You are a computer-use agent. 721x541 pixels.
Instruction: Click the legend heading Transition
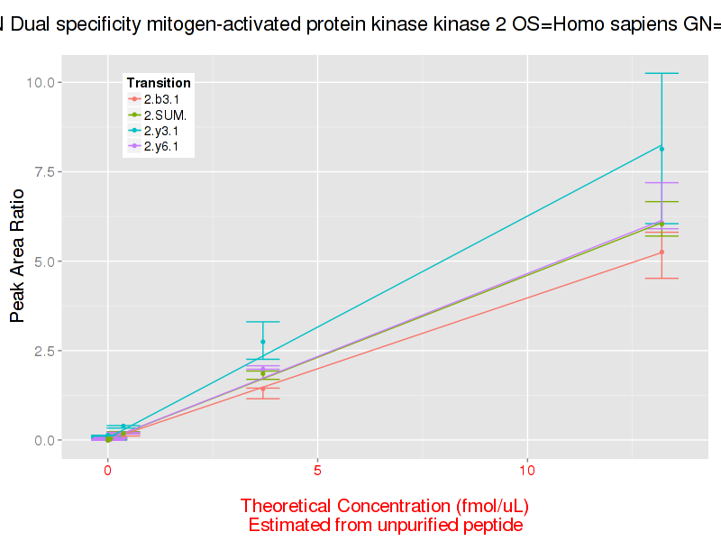159,83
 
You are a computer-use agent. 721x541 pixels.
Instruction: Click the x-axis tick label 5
318,470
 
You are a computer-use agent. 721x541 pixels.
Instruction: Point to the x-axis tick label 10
528,470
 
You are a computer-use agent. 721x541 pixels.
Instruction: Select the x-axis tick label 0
107,470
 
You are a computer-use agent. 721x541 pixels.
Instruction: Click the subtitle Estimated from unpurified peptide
385,525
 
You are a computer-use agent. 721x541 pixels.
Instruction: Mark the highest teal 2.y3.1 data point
662,149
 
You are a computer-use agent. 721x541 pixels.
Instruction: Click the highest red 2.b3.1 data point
662,252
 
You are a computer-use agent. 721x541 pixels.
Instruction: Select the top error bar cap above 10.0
662,73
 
